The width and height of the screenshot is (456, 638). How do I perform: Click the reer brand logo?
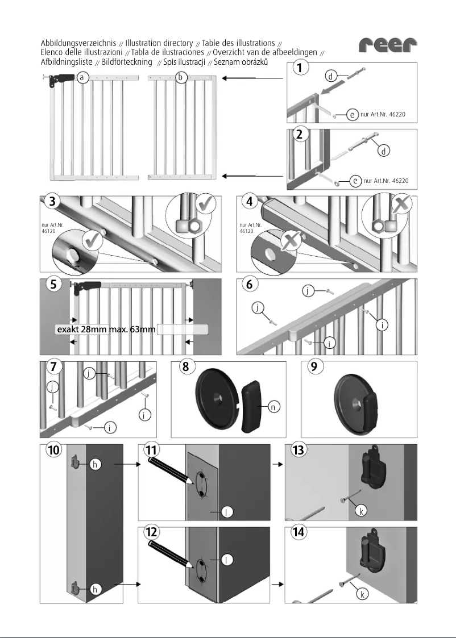click(388, 45)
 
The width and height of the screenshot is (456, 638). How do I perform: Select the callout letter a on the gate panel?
click(83, 77)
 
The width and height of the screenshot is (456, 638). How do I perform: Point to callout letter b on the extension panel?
click(181, 77)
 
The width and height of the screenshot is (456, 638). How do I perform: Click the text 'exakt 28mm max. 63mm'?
click(105, 330)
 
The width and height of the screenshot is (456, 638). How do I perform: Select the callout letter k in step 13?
click(359, 512)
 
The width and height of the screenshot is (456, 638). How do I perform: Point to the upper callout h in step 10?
click(96, 464)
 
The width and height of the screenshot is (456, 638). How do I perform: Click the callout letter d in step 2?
click(385, 151)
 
